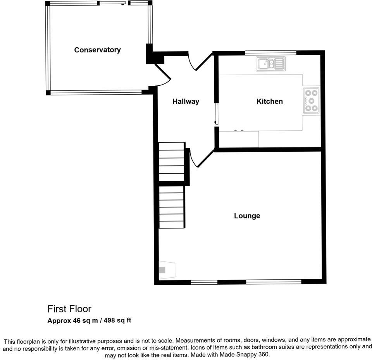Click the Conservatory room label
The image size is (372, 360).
(97, 50)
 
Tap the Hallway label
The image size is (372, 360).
(186, 102)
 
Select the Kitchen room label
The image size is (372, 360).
(269, 102)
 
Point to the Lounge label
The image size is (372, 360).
(247, 216)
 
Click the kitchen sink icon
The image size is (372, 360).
(270, 64)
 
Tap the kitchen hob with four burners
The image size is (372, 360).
(311, 100)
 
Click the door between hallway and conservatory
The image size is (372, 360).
(162, 75)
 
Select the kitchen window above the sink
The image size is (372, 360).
(270, 52)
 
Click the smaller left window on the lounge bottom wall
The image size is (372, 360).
(204, 282)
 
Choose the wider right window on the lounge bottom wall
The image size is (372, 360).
(274, 282)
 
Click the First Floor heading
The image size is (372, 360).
(69, 309)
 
